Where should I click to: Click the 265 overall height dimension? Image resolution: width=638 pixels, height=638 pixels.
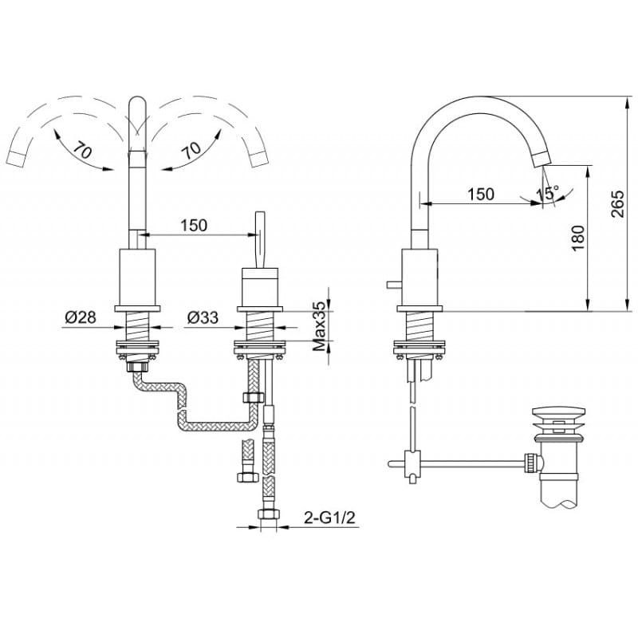coord(616,204)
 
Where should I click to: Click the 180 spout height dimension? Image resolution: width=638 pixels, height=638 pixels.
coord(577,238)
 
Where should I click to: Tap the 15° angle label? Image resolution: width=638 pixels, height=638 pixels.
coord(547,193)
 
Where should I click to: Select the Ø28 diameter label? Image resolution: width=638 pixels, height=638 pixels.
coord(81,317)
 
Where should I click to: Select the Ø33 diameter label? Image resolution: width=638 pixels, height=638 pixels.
coord(203,317)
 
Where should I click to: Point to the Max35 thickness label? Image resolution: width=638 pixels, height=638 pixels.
coord(320,326)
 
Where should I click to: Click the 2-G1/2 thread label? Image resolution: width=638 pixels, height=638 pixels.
coord(329,518)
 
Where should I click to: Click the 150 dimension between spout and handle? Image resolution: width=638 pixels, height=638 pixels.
coord(194,225)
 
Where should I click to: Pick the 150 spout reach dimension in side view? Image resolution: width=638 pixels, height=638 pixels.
coord(480,194)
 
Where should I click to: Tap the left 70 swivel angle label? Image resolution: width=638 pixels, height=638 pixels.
coord(83,151)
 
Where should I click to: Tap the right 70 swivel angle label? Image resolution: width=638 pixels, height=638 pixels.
coord(191,151)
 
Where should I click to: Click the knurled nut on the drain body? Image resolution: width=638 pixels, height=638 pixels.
coord(531,463)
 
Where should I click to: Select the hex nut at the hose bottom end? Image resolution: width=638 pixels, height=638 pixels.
coord(269,514)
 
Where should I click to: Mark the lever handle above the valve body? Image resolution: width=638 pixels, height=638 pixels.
coord(260,239)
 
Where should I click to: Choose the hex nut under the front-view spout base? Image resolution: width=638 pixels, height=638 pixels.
coord(138,367)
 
